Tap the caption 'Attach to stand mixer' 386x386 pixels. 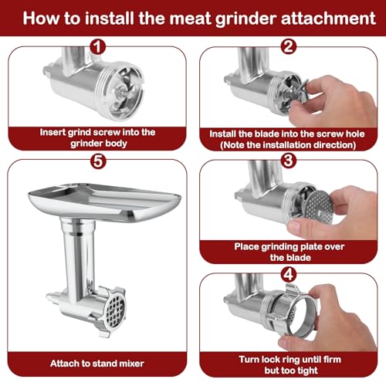tap(96, 362)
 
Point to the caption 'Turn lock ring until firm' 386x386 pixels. tap(289, 363)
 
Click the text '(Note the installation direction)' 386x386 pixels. tap(289, 144)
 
